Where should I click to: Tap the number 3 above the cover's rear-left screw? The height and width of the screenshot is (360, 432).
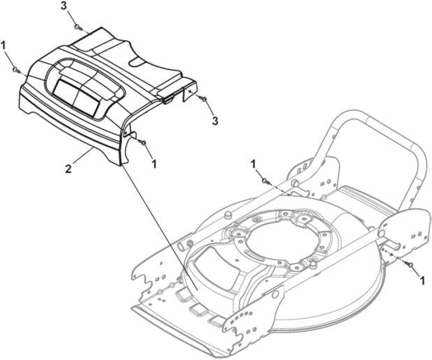(64, 7)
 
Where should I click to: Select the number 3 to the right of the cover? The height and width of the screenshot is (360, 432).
(215, 121)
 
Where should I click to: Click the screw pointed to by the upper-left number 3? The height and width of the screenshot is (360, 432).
(77, 27)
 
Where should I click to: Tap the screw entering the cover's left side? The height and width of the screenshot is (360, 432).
(15, 70)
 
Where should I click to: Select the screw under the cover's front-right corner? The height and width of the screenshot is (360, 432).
(143, 142)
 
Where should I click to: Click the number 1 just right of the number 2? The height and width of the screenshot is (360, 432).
(154, 163)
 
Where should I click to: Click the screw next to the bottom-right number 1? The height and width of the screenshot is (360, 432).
(411, 265)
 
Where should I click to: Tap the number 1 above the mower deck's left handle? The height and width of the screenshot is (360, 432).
(253, 164)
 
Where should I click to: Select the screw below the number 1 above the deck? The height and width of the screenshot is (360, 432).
(265, 181)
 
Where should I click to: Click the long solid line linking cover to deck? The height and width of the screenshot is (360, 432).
(159, 227)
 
